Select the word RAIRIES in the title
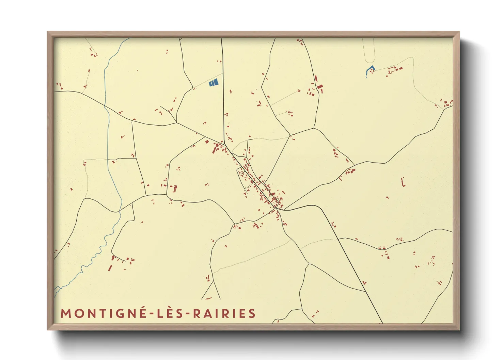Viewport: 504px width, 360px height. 224,313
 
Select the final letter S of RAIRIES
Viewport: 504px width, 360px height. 252,313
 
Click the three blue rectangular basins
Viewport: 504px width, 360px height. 214,82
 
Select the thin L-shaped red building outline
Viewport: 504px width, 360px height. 404,182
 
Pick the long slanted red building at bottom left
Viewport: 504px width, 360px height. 110,268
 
